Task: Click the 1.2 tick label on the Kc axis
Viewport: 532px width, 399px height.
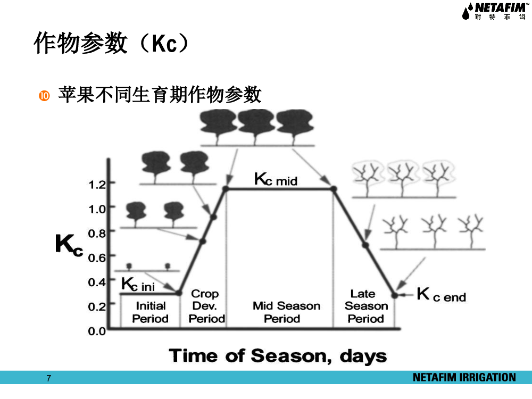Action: click(97, 185)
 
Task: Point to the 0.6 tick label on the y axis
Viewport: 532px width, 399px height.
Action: click(97, 258)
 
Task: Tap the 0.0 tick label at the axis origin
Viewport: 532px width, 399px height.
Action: click(97, 331)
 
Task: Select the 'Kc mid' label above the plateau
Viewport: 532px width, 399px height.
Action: click(276, 179)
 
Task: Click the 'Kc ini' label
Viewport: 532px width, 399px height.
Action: click(138, 284)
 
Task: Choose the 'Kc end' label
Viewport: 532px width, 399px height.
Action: click(442, 295)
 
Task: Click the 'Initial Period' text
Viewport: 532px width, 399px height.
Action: click(151, 312)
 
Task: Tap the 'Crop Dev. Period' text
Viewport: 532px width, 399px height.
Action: click(206, 306)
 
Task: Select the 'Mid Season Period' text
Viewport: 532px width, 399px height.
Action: click(286, 312)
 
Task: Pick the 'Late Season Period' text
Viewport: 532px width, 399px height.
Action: click(366, 306)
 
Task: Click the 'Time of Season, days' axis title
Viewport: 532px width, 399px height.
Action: click(278, 356)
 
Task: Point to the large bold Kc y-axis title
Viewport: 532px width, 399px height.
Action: click(69, 245)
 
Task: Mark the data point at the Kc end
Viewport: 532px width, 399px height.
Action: click(395, 295)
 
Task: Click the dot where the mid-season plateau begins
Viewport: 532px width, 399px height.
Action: click(226, 189)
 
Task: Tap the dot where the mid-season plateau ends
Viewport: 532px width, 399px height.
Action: click(334, 189)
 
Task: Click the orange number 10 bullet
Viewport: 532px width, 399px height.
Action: click(44, 96)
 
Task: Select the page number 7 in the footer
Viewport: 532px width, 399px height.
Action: click(49, 378)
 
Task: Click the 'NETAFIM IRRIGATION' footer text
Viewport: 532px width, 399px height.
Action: click(464, 378)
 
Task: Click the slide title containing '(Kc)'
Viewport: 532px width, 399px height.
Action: click(111, 43)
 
